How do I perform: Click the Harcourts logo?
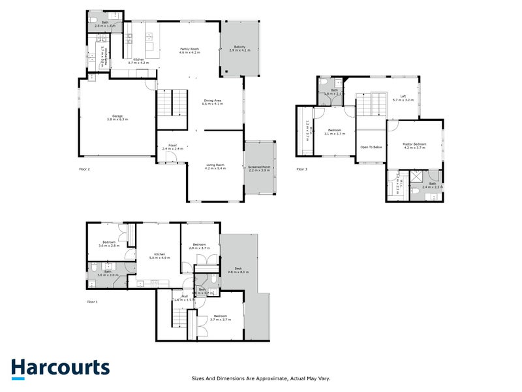point(60,368)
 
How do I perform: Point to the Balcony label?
point(240,48)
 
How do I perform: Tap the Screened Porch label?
point(259,168)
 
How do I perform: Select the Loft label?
point(399,99)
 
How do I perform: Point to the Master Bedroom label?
point(414,146)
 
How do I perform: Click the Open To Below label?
point(371,148)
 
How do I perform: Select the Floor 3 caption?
point(302,169)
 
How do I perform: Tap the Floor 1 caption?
point(92,302)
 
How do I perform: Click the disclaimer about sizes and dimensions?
point(261,378)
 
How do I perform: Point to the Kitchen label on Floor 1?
point(159,255)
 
